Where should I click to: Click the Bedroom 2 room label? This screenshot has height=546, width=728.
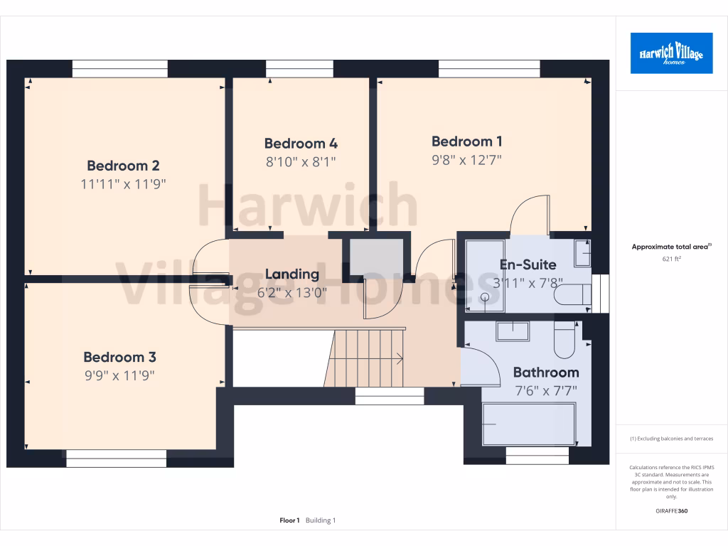123,166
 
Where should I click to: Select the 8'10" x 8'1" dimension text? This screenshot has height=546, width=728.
301,161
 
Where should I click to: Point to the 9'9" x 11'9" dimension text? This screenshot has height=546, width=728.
119,375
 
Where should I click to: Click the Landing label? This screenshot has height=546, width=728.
292,274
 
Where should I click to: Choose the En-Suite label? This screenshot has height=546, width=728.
528,264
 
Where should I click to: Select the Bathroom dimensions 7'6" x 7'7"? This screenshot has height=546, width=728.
545,390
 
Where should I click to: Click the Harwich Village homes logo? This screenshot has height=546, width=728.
671,53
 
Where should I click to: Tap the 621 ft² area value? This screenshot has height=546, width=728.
671,259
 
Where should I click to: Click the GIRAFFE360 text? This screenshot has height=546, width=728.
671,510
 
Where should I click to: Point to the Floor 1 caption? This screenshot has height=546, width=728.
289,520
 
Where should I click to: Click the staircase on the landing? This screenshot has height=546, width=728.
366,358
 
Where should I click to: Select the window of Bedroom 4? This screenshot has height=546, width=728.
299,68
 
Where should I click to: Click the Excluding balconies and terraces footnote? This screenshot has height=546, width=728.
671,439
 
